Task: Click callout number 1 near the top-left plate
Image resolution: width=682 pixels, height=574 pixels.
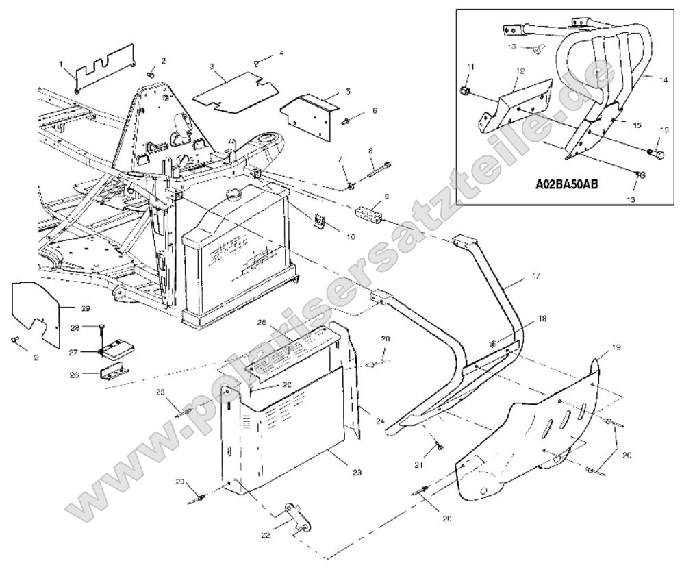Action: click(61, 64)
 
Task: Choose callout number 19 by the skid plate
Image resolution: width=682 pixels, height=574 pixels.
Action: click(616, 348)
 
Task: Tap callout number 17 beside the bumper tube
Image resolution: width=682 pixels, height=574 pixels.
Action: click(536, 276)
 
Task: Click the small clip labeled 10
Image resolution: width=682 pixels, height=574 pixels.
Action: click(320, 221)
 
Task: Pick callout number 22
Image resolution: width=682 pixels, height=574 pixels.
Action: click(266, 534)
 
